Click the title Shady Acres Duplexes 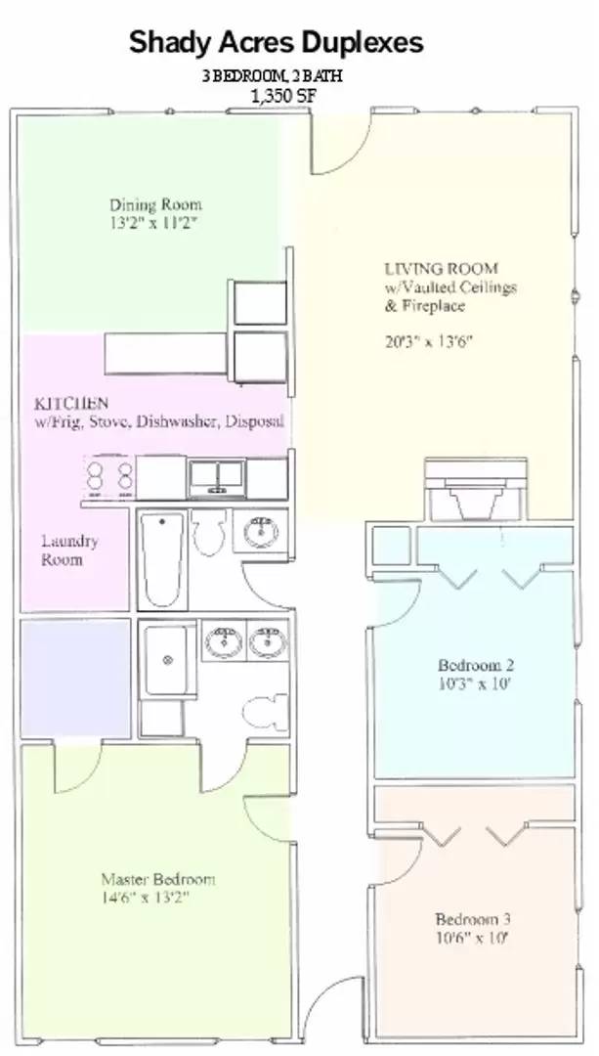tap(276, 42)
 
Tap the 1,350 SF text tap(282, 96)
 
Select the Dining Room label tap(155, 204)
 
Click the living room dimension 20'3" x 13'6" tap(429, 341)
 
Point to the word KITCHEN tap(70, 404)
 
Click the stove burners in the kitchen tap(109, 475)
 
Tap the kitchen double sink tap(216, 477)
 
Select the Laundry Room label tap(69, 550)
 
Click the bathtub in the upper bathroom tap(163, 558)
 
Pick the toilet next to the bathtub tap(209, 532)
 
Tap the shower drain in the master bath tap(168, 660)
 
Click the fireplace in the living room tap(476, 490)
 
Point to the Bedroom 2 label tap(476, 666)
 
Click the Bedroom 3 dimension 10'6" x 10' tap(471, 938)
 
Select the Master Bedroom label tap(158, 879)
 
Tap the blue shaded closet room tap(75, 679)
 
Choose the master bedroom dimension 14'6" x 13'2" tap(146, 897)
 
